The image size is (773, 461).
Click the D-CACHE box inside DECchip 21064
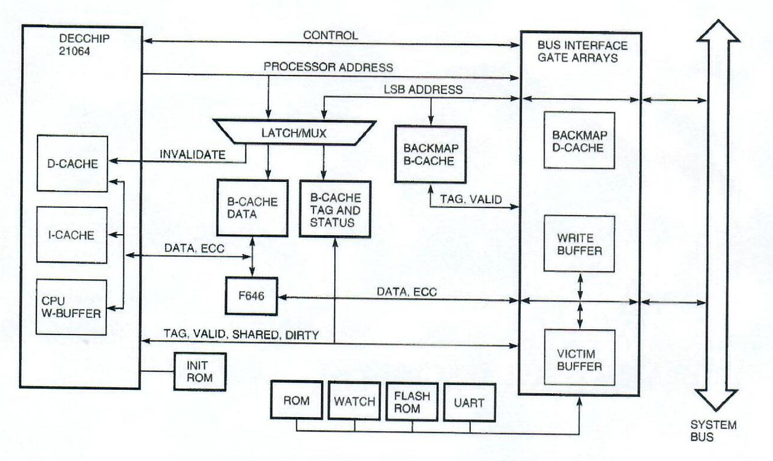point(71,164)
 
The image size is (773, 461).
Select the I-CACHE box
point(71,235)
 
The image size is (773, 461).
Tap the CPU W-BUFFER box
point(71,306)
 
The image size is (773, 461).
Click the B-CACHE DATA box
point(253,208)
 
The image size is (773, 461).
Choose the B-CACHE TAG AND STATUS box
point(335,208)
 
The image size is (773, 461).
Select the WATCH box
point(354,402)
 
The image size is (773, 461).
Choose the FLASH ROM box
point(411,402)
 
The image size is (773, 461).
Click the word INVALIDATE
point(192,155)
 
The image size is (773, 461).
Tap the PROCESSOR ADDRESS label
point(328,67)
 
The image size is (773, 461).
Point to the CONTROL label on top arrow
point(330,35)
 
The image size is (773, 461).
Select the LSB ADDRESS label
point(423,90)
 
